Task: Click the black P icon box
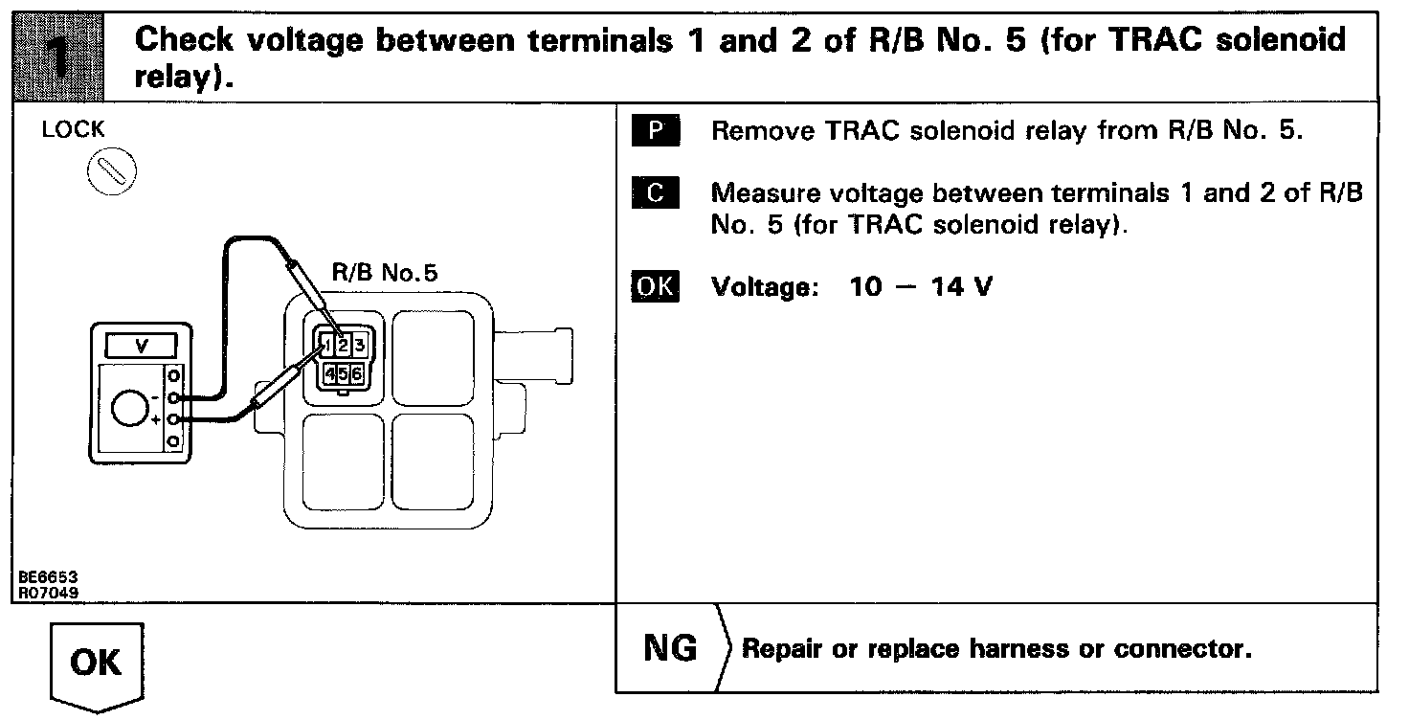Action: point(656,130)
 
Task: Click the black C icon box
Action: point(656,192)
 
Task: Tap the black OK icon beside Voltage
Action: point(656,287)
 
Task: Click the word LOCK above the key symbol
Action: point(73,130)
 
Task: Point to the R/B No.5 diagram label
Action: point(384,273)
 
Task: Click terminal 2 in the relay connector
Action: point(341,344)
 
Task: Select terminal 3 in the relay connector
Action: point(356,344)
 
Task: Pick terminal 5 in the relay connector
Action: point(343,373)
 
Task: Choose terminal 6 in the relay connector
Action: point(356,373)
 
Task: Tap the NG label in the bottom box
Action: point(671,649)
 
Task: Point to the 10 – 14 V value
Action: point(920,287)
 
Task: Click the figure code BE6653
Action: point(47,578)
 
